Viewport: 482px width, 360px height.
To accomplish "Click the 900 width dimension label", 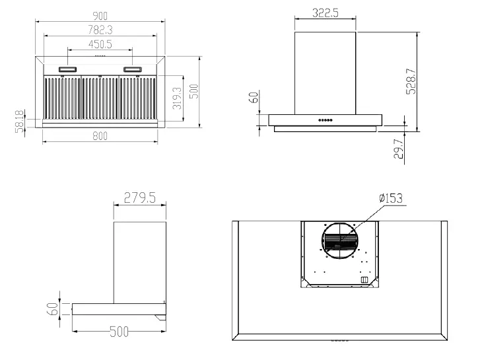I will coord(100,14).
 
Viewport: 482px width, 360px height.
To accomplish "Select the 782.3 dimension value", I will coord(100,29).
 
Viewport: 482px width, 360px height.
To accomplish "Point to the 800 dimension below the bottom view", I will coord(100,135).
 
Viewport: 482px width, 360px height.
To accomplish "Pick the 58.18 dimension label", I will coord(19,122).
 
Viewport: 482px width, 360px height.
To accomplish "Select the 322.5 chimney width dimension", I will coord(325,13).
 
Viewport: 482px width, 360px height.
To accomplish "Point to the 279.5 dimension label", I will coord(140,198).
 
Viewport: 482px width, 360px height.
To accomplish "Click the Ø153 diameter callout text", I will coord(391,198).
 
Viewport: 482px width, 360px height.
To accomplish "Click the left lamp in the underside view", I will coord(67,69).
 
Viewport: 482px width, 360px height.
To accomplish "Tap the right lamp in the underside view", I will coord(132,69).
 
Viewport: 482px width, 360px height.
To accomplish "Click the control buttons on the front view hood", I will coord(325,120).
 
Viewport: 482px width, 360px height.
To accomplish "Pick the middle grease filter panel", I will coord(100,98).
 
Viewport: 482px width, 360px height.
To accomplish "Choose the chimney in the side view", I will coord(139,262).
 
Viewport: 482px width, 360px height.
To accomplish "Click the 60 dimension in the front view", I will coord(254,98).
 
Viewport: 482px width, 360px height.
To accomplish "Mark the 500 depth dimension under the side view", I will coord(118,332).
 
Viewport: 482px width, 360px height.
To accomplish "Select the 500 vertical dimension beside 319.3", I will coord(193,91).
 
